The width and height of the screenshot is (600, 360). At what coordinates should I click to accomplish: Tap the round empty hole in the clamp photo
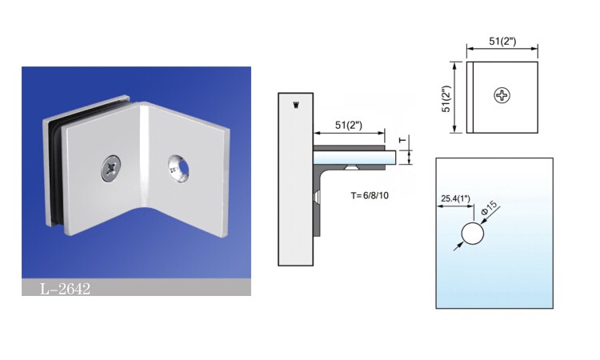(x=178, y=166)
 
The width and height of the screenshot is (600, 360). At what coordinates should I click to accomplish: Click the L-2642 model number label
(x=65, y=288)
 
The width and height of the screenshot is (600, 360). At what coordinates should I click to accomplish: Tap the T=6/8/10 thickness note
(x=371, y=195)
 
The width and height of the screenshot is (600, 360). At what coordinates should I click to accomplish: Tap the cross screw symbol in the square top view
(x=502, y=96)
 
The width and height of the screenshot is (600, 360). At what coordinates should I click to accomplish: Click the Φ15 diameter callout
(x=489, y=207)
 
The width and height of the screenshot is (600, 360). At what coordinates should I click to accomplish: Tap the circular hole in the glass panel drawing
(x=473, y=234)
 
